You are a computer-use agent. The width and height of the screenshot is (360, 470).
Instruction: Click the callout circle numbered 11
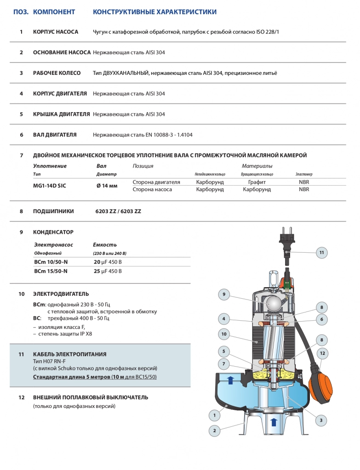click(x=322, y=252)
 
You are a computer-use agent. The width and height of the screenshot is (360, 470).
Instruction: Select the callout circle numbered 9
click(x=223, y=294)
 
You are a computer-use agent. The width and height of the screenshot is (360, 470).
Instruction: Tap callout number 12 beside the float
click(x=322, y=353)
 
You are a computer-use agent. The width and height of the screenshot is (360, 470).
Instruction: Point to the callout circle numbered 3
click(x=321, y=419)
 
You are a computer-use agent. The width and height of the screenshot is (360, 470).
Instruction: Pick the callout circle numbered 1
click(x=214, y=416)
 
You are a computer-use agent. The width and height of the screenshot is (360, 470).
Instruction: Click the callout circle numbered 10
click(x=224, y=334)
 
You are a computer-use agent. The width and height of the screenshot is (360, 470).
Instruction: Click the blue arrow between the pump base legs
click(x=274, y=421)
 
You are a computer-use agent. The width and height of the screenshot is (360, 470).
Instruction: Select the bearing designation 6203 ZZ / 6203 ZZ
click(x=118, y=211)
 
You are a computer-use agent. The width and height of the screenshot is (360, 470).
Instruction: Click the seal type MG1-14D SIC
click(x=50, y=186)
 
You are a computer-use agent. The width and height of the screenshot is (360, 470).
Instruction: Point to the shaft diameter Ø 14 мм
click(x=107, y=186)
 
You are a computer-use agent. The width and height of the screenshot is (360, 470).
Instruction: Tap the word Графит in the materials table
click(x=257, y=182)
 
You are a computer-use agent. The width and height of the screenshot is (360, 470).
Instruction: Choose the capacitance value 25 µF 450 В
click(x=108, y=271)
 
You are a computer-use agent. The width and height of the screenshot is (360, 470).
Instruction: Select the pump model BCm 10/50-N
click(x=51, y=262)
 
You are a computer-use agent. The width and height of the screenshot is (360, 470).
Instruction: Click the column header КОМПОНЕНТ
click(x=54, y=11)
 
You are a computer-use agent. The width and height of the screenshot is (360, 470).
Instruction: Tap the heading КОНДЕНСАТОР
click(x=53, y=232)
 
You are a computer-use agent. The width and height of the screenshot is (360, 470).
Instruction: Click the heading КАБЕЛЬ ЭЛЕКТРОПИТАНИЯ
click(x=69, y=354)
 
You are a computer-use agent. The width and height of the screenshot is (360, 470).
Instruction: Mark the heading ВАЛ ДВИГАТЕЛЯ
click(x=55, y=135)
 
